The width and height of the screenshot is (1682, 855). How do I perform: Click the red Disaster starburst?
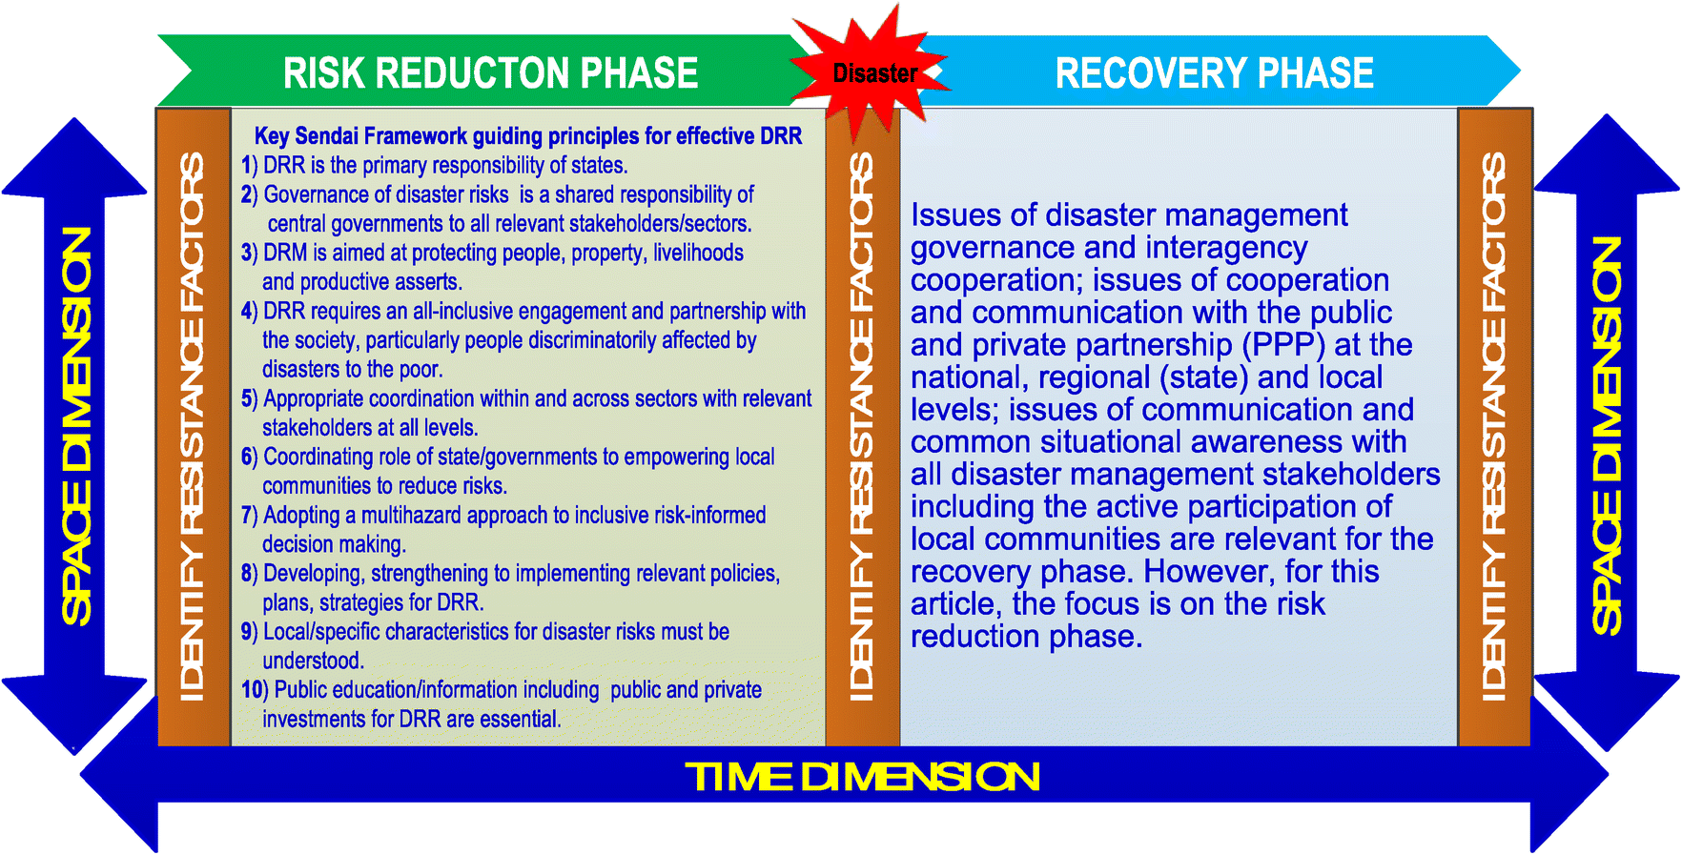(873, 73)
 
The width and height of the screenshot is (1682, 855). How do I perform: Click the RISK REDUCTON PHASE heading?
(490, 73)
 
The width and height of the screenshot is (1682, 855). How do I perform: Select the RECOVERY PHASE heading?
(1214, 73)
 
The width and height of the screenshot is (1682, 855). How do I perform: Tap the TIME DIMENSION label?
(862, 777)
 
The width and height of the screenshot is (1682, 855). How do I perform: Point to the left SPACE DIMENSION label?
(76, 426)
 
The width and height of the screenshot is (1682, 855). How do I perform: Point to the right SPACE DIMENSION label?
(1607, 436)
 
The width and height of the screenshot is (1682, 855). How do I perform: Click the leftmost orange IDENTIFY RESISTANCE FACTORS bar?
(194, 426)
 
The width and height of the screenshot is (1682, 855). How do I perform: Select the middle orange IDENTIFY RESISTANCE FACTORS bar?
(862, 426)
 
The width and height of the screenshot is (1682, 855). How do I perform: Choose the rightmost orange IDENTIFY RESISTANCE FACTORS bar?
(1494, 426)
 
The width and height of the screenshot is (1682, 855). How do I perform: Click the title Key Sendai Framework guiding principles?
(527, 136)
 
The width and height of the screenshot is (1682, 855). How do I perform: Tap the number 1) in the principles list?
(249, 166)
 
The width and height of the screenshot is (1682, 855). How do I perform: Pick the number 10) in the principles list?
(254, 690)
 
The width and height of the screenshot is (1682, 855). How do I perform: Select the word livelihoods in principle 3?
(698, 254)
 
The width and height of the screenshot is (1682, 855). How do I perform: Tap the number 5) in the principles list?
(249, 399)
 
